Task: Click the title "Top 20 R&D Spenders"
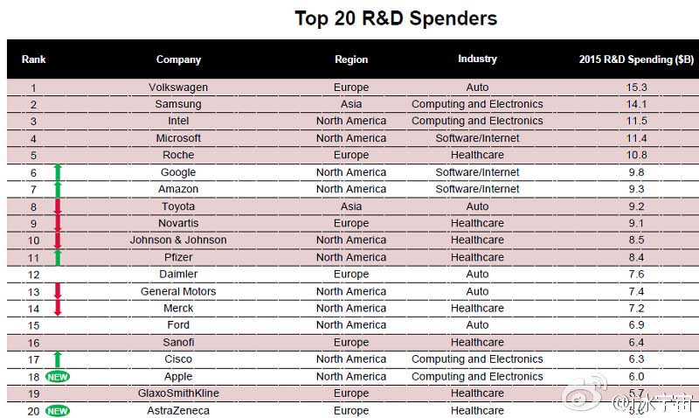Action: coord(396,18)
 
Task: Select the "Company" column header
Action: coord(178,59)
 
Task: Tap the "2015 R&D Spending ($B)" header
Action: coord(636,59)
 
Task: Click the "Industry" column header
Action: coord(477,59)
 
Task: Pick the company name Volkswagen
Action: coord(178,87)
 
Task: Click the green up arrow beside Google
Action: coord(58,172)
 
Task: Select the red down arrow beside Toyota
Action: coord(58,207)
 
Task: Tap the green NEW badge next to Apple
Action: coord(58,376)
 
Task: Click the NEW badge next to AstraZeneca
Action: coord(58,410)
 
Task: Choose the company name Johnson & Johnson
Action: coord(178,240)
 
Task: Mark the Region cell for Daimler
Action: coord(351,274)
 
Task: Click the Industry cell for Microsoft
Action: coord(477,138)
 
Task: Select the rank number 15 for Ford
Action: coord(33,324)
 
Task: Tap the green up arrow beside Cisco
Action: coord(58,359)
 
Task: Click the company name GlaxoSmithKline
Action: coord(178,394)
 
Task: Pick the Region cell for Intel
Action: coord(351,121)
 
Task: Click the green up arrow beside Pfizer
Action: coord(58,256)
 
